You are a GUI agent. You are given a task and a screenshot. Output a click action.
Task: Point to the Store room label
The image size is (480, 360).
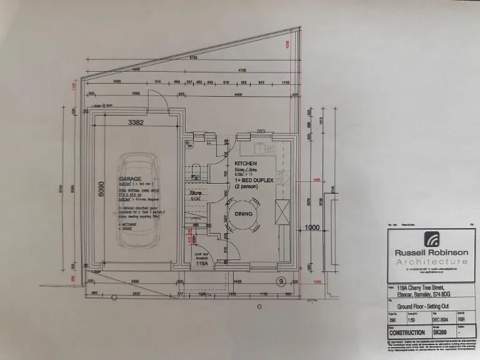point(197,194)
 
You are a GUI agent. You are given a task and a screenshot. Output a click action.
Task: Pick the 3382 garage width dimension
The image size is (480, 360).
point(136,122)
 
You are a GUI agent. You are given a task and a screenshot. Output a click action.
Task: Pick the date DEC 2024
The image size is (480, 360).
point(441,317)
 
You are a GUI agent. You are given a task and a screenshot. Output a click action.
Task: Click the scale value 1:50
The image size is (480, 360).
point(413,317)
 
